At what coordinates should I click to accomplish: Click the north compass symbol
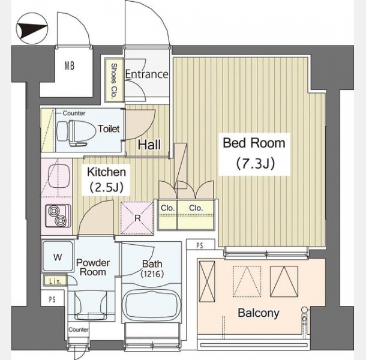[32, 28]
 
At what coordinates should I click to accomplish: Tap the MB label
[70, 65]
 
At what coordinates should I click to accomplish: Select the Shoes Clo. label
[113, 80]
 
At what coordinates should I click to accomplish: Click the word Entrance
[146, 74]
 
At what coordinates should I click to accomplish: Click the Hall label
[149, 145]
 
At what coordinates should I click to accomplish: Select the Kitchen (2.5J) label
[106, 179]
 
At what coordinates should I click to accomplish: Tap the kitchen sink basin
[59, 176]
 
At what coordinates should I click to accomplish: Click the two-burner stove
[58, 215]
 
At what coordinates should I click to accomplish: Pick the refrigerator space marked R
[137, 218]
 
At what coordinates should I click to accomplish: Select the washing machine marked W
[58, 257]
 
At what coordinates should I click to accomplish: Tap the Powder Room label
[93, 267]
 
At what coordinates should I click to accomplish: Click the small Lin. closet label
[55, 281]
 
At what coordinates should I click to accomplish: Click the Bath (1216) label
[152, 268]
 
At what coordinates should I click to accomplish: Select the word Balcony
[259, 313]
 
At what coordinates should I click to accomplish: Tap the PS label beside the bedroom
[200, 245]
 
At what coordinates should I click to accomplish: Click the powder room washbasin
[91, 306]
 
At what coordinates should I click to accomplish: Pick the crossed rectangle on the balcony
[207, 281]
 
